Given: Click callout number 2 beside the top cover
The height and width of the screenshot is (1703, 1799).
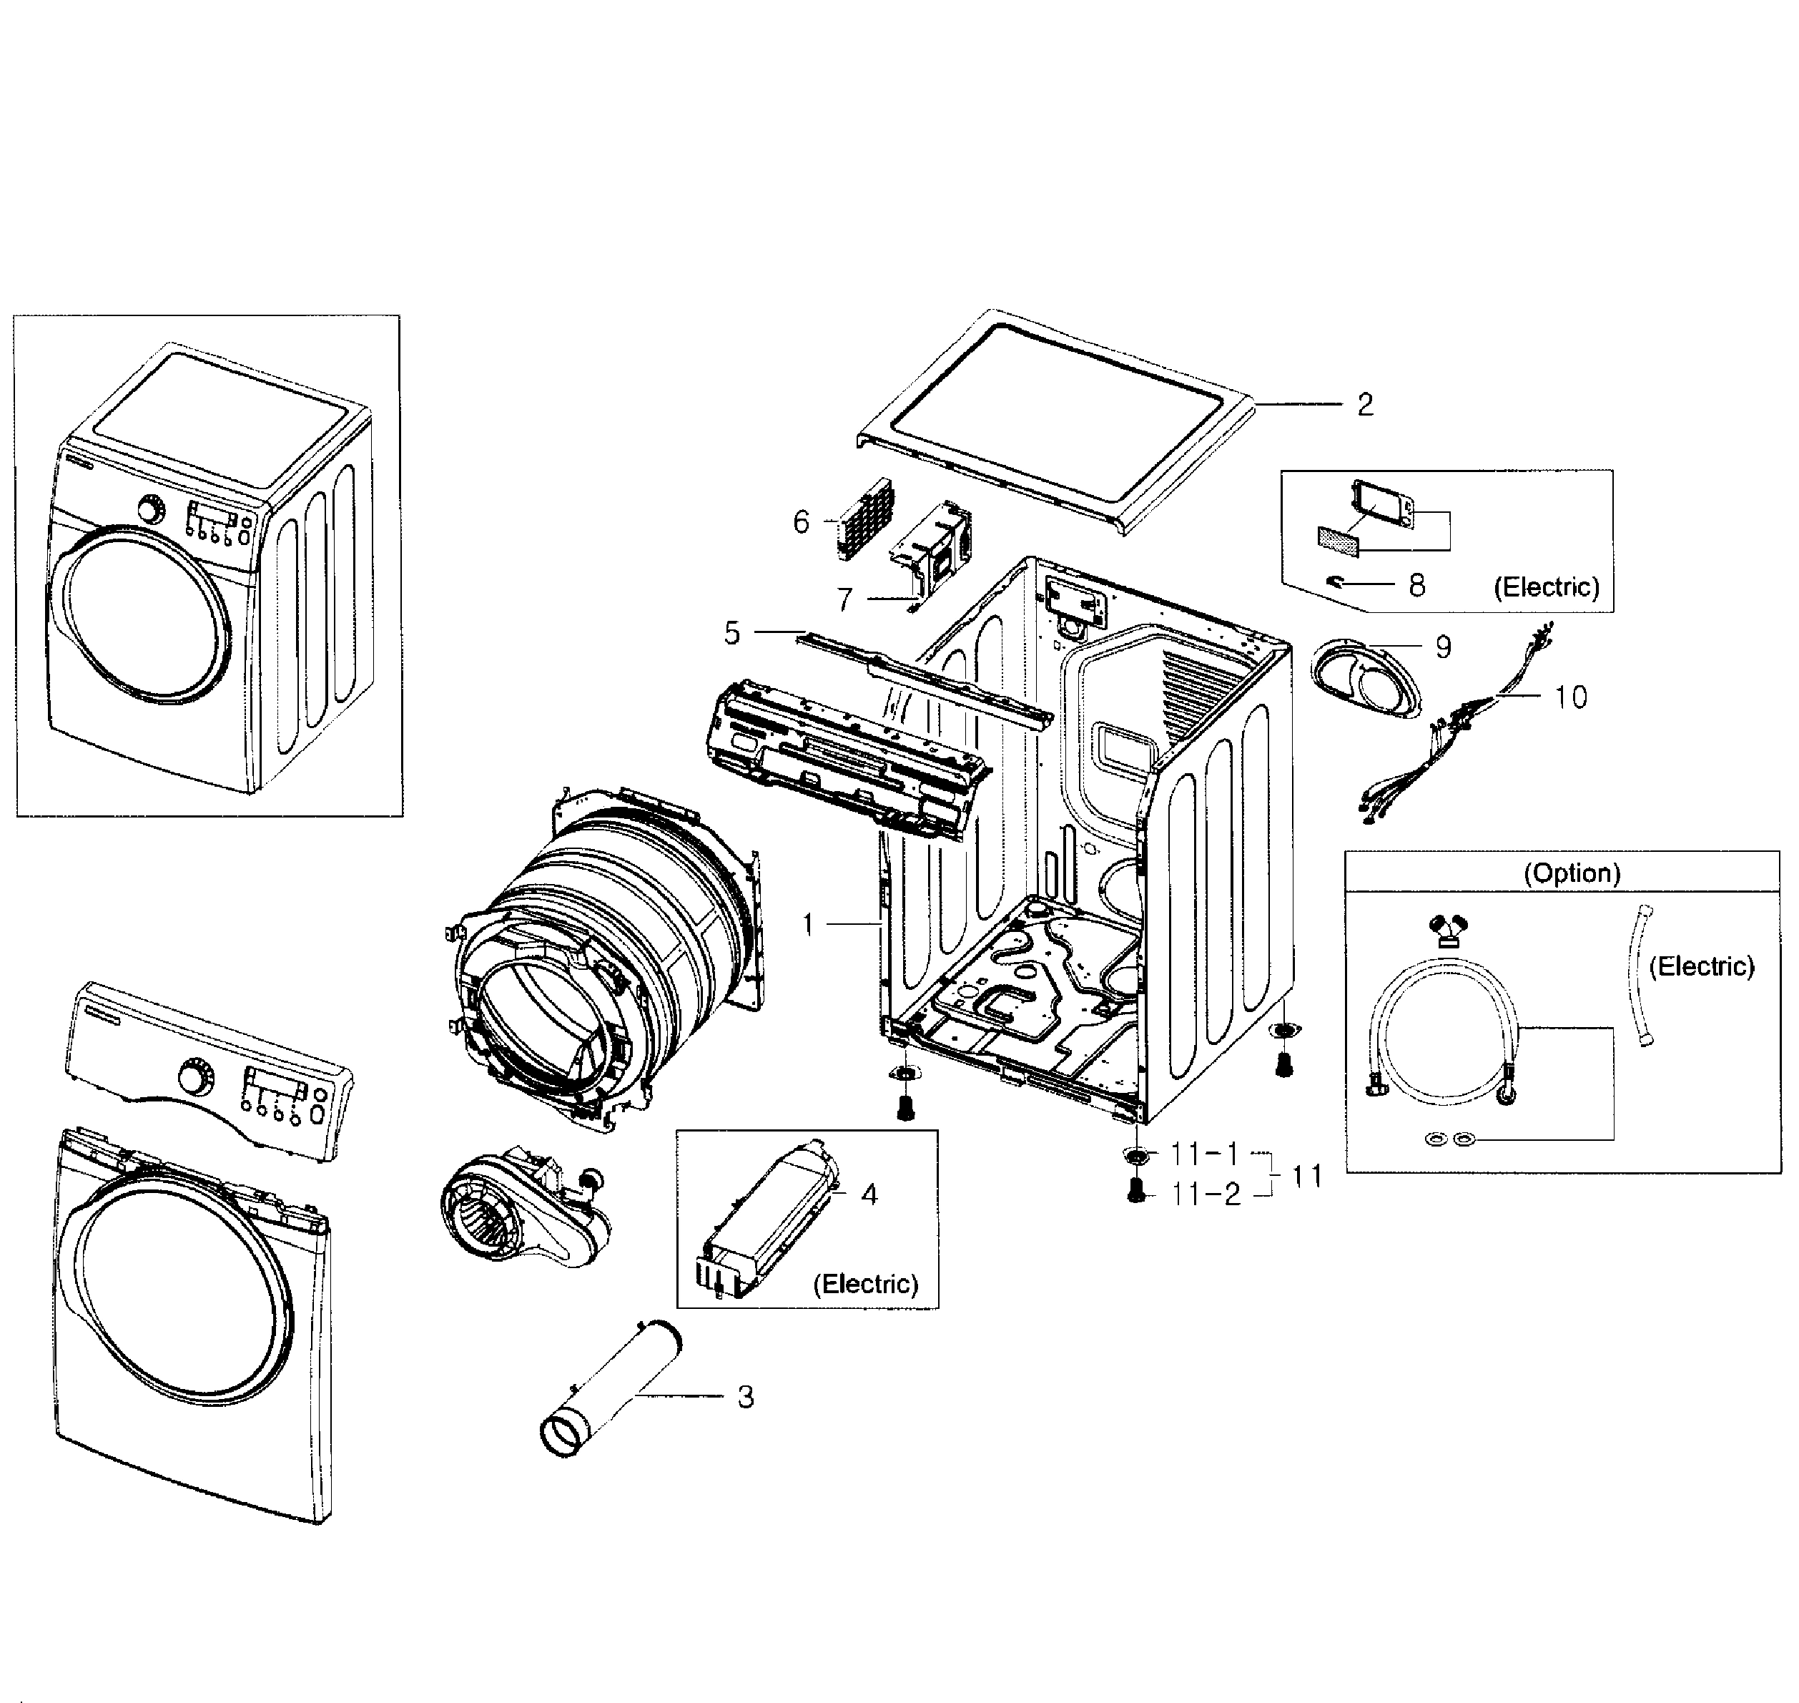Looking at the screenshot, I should [x=1364, y=405].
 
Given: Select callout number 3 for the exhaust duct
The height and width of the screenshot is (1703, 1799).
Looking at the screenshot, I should [x=745, y=1397].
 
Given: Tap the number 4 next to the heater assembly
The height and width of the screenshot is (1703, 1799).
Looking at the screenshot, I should [x=869, y=1194].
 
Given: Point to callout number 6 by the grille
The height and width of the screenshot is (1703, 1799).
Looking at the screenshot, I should [x=801, y=522].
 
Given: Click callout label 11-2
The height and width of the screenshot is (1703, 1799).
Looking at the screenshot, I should [x=1206, y=1194].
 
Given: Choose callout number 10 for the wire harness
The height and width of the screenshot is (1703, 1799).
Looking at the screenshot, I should [x=1570, y=697].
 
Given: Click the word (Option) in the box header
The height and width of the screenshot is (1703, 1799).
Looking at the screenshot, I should [x=1571, y=873].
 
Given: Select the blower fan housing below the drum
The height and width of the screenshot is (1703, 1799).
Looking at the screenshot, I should [x=522, y=1208].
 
